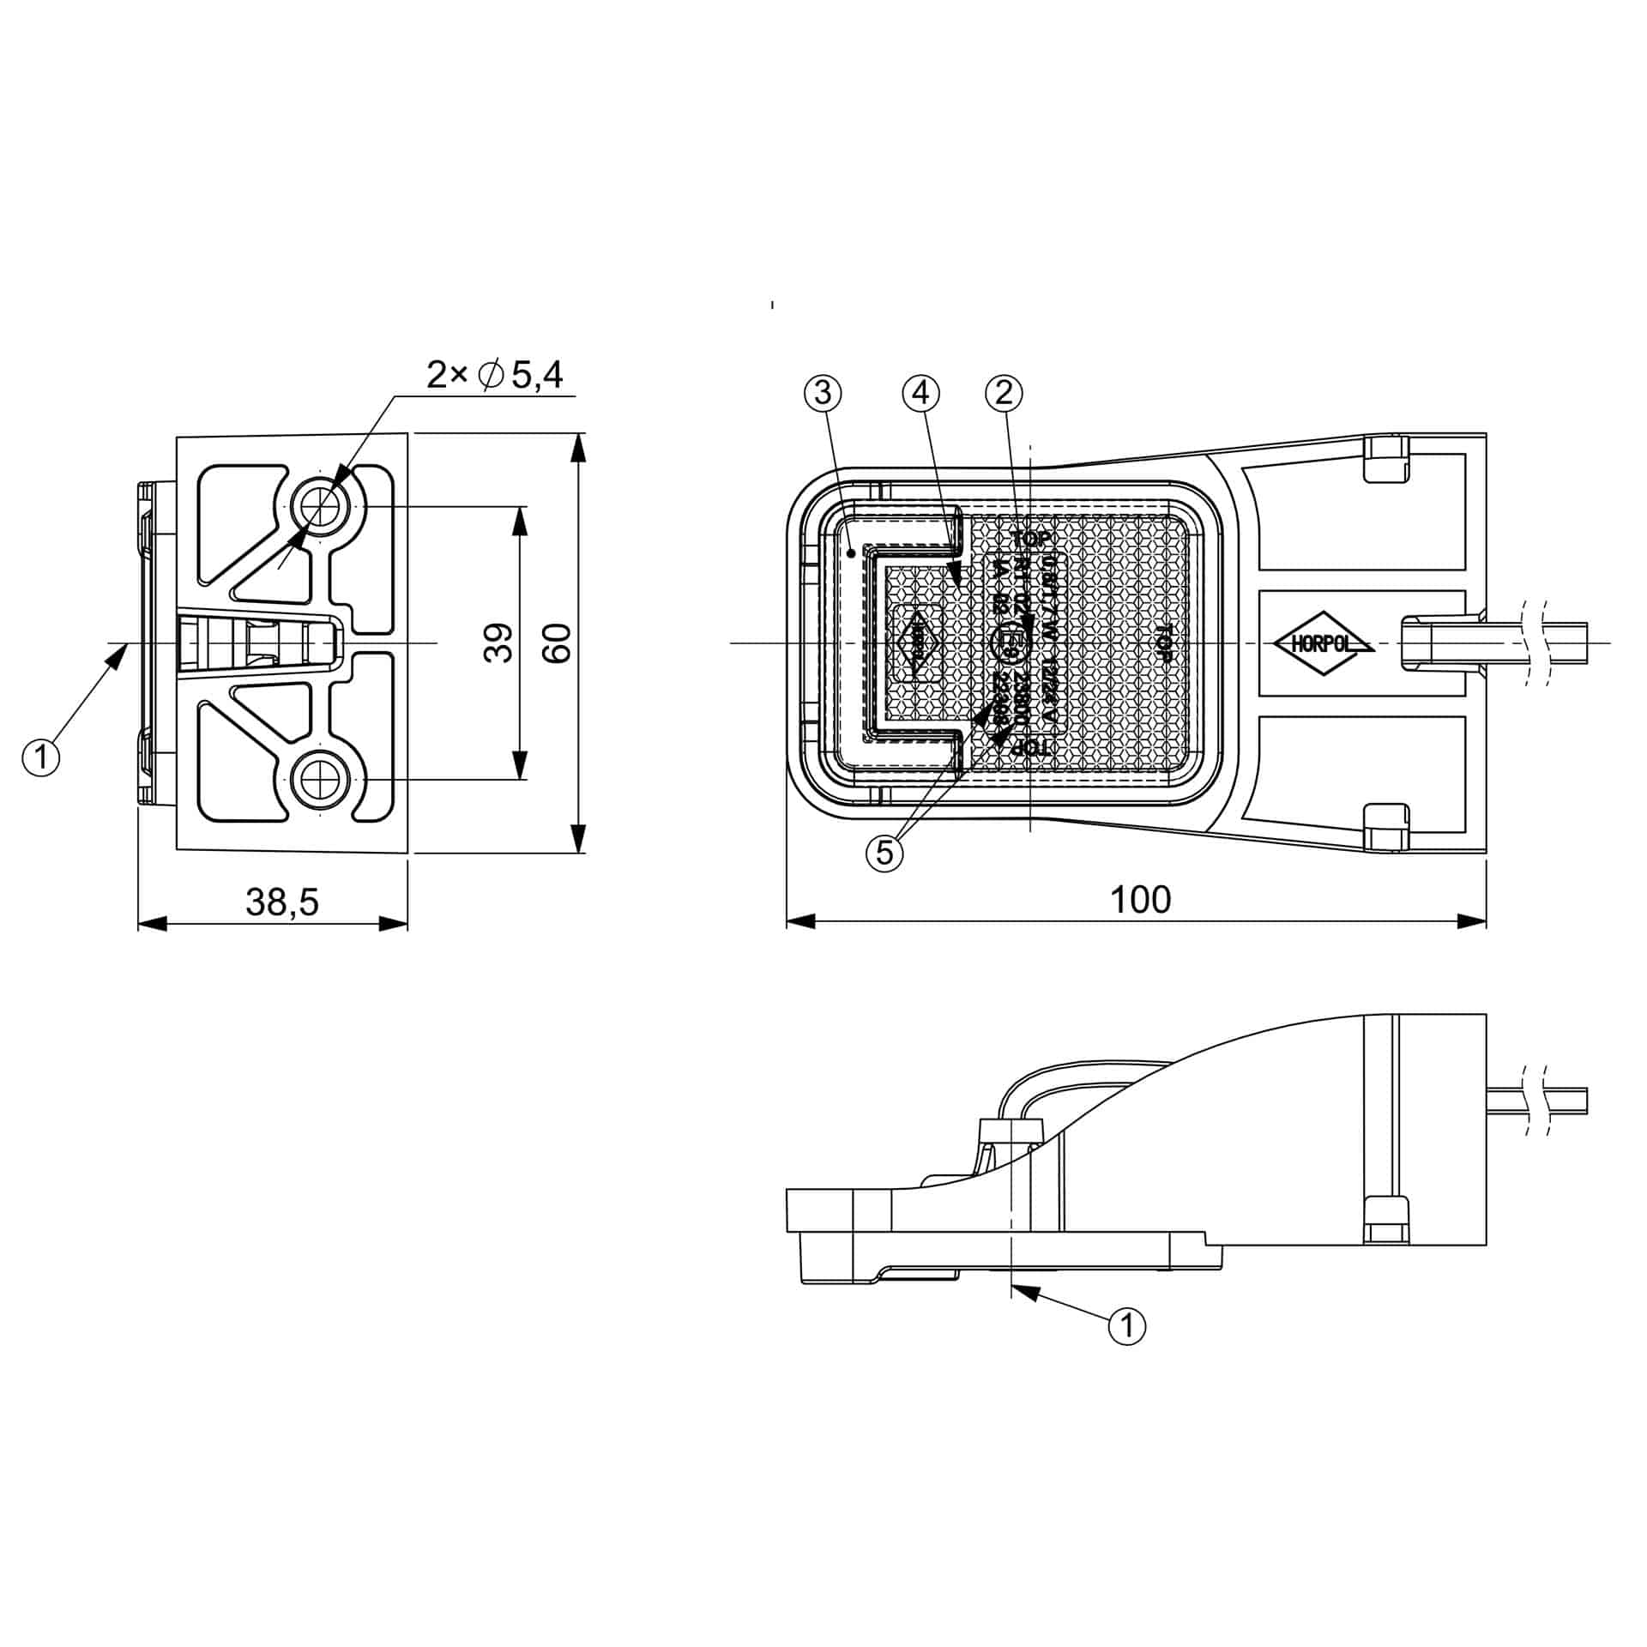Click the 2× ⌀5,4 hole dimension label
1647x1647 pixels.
(495, 375)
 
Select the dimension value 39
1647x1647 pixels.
(498, 643)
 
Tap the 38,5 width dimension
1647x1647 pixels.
(282, 902)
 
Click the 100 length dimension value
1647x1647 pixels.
(1140, 899)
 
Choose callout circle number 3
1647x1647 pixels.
(823, 393)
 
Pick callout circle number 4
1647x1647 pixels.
(920, 393)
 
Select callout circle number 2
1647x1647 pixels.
(1004, 393)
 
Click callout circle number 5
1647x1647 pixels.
(885, 853)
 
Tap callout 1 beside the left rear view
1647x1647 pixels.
(41, 757)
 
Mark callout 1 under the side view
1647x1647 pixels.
(1127, 1325)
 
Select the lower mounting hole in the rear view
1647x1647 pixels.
(323, 780)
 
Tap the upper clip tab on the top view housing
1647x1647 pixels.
(1386, 459)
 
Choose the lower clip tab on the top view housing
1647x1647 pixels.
(1386, 827)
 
